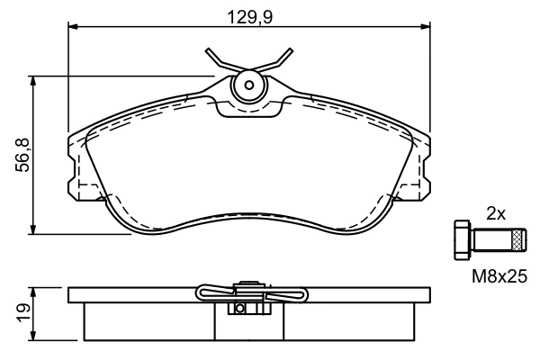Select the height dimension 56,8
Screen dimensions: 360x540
coord(25,155)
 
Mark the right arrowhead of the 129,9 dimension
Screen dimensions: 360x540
coord(425,27)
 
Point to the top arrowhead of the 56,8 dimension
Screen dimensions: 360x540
coord(33,80)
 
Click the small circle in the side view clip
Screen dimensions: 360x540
coord(240,309)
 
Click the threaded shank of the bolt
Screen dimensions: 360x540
coord(490,239)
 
